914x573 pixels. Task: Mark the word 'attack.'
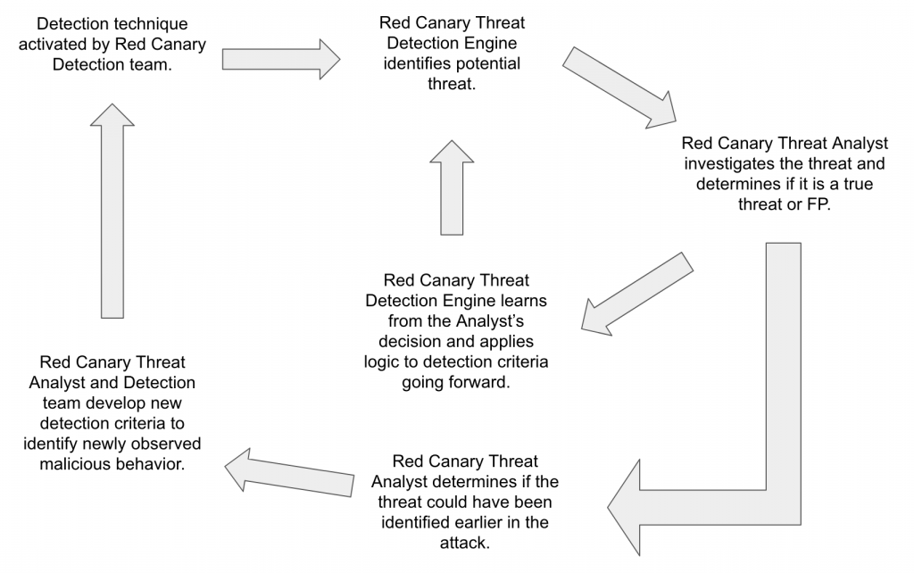(x=466, y=542)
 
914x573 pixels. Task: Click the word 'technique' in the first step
(x=155, y=23)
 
